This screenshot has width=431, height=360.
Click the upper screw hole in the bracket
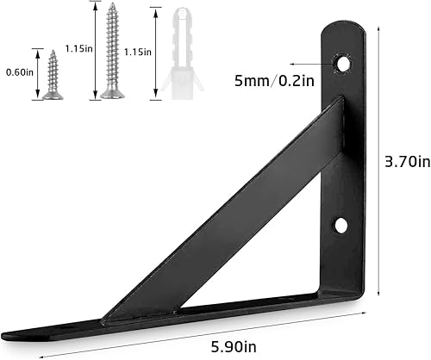tap(344, 63)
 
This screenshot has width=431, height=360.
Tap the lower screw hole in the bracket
tap(341, 226)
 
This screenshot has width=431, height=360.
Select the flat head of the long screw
tap(111, 95)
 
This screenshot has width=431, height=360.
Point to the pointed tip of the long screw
tap(111, 6)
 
